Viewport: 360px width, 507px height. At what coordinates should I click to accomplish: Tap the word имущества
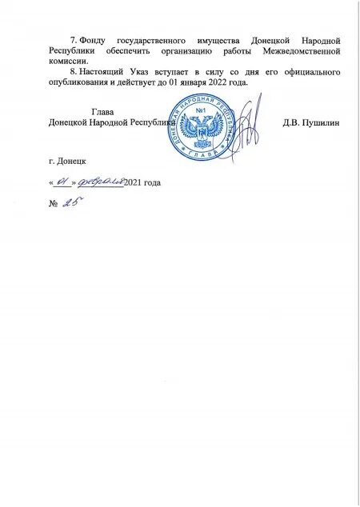(218, 39)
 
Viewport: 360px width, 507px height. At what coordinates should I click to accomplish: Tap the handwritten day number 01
(60, 182)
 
